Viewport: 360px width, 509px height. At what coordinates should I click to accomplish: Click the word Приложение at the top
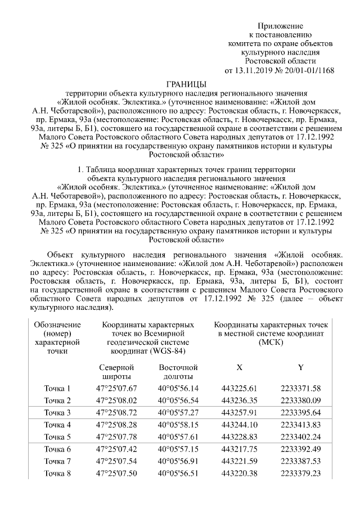(280, 26)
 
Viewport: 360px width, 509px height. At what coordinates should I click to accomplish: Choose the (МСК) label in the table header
(269, 343)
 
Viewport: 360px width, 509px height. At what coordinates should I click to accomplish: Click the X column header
(239, 367)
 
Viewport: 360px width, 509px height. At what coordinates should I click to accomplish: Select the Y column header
(300, 367)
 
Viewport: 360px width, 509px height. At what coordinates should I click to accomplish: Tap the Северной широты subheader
(116, 372)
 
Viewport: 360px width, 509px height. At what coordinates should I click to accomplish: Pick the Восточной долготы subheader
(178, 372)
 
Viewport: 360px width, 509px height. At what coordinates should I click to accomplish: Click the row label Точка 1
(57, 389)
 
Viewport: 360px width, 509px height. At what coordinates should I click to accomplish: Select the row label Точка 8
(57, 474)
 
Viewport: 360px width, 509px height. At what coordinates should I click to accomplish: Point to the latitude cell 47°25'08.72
(116, 413)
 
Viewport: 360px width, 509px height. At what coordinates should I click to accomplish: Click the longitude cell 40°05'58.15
(178, 425)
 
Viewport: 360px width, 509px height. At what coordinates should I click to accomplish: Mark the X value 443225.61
(239, 389)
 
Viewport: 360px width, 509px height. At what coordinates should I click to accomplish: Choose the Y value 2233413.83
(300, 425)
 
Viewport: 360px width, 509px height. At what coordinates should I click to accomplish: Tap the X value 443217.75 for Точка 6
(239, 449)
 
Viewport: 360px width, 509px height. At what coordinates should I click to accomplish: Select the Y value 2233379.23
(300, 474)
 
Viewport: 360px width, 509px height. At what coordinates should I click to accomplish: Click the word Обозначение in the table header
(57, 325)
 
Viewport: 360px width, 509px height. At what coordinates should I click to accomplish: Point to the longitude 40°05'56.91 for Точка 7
(178, 461)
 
